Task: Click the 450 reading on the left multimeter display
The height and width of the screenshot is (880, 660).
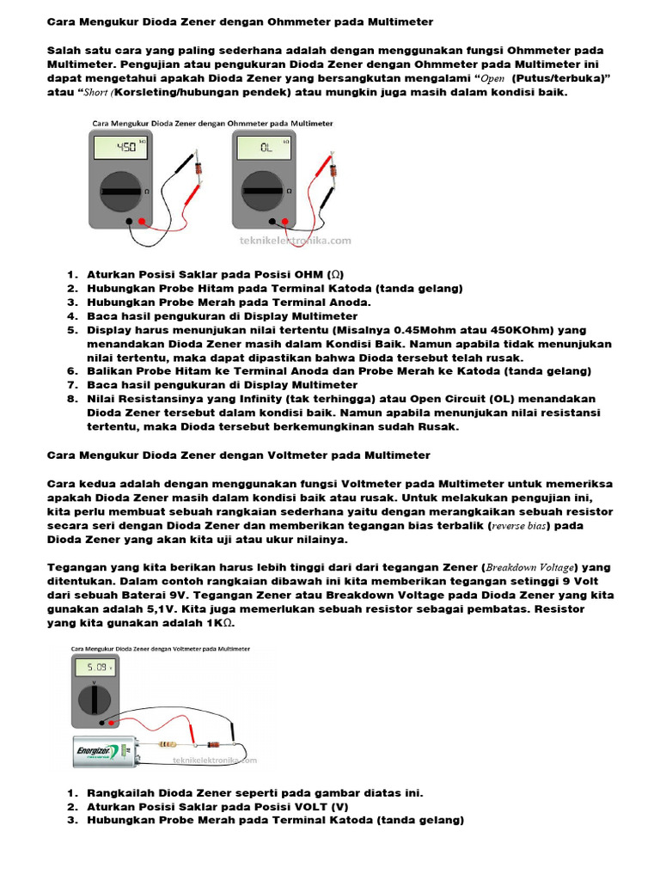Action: click(125, 147)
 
